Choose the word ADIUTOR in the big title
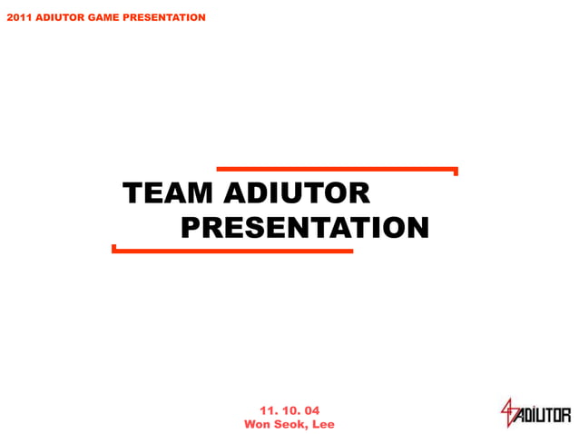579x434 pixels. [296, 193]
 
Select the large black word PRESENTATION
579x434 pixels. [304, 227]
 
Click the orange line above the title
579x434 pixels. [336, 169]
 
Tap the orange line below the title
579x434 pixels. [232, 251]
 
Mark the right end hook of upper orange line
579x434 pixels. [456, 171]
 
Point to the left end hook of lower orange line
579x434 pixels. [113, 248]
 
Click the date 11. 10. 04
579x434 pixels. [289, 410]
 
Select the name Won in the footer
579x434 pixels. [258, 424]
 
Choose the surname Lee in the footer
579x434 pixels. [323, 424]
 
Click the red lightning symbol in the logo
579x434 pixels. [508, 413]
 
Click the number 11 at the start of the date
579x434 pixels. [267, 410]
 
